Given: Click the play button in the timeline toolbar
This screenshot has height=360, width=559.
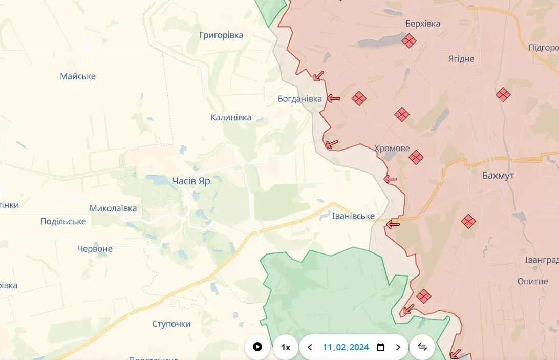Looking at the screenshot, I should pyautogui.click(x=257, y=347).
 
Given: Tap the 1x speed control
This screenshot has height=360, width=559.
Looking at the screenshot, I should pyautogui.click(x=286, y=347).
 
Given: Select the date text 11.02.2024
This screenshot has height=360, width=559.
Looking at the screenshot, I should pyautogui.click(x=346, y=347).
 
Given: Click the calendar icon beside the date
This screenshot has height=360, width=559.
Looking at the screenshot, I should pyautogui.click(x=380, y=347).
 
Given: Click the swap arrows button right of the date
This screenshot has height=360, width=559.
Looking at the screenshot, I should pyautogui.click(x=422, y=347).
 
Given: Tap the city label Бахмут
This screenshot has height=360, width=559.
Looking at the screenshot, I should pyautogui.click(x=498, y=176).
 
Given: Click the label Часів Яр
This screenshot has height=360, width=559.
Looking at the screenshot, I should pyautogui.click(x=191, y=181).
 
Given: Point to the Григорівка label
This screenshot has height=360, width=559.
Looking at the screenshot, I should pyautogui.click(x=221, y=35).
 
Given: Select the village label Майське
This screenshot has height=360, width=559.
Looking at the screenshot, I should pyautogui.click(x=78, y=76).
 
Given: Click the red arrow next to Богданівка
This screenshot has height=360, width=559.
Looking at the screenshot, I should pyautogui.click(x=334, y=98).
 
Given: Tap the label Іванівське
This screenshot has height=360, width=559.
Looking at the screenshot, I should pyautogui.click(x=353, y=216).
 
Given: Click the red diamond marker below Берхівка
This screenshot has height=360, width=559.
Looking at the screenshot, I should pyautogui.click(x=409, y=41).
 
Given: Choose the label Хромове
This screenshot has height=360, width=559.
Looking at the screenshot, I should pyautogui.click(x=392, y=148).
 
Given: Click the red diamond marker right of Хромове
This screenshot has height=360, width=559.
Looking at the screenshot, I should pyautogui.click(x=416, y=157).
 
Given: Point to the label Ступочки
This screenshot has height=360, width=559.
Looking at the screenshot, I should pyautogui.click(x=171, y=324).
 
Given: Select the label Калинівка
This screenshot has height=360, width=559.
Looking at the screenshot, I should pyautogui.click(x=231, y=117).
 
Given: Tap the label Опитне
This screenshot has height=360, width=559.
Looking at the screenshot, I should pyautogui.click(x=532, y=281).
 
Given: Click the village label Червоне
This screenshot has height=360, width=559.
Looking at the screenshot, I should pyautogui.click(x=95, y=249).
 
